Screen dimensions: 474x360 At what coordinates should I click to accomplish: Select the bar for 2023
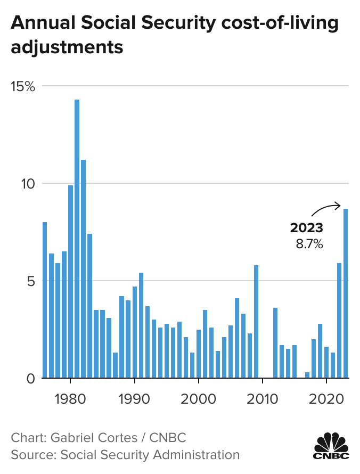(346, 293)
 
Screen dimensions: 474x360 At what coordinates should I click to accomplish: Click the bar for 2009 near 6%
(256, 322)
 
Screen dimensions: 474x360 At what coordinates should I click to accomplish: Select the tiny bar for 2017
(307, 375)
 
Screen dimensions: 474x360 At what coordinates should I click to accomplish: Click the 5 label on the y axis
(30, 281)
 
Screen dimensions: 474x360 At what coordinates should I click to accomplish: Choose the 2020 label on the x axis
(326, 398)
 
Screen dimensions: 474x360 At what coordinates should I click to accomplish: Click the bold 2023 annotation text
(306, 228)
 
